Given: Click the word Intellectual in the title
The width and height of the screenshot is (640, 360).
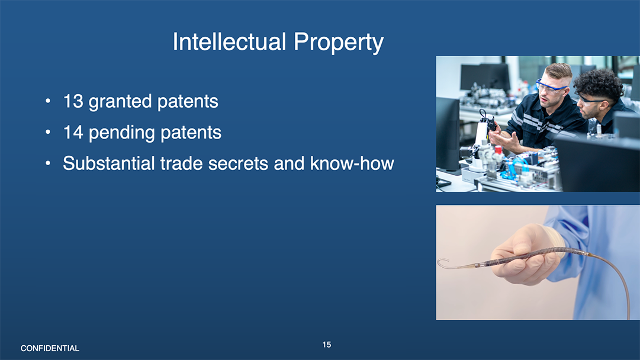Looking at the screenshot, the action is coord(229,41).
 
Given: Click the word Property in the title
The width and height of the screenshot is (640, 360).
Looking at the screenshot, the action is coord(339,43).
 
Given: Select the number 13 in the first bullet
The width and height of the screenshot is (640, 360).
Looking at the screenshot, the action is coord(73,101).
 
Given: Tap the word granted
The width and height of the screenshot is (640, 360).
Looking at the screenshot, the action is coord(120,102).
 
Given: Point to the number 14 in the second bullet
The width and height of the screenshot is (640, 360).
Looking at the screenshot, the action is coord(73,132).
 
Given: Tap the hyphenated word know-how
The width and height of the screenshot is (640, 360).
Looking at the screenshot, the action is coord(352,163).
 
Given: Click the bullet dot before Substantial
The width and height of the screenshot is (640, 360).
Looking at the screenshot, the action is coord(48,163).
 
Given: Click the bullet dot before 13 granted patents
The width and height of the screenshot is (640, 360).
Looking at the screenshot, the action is coord(48,101).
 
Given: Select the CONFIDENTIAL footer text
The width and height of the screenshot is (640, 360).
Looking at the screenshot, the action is coord(50,348).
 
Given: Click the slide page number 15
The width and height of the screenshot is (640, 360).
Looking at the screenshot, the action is coord(327,345).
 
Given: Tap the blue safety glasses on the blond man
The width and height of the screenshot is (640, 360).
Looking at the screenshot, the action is coord(551,86).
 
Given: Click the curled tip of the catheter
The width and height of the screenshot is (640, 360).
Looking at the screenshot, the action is coord(443,263).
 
